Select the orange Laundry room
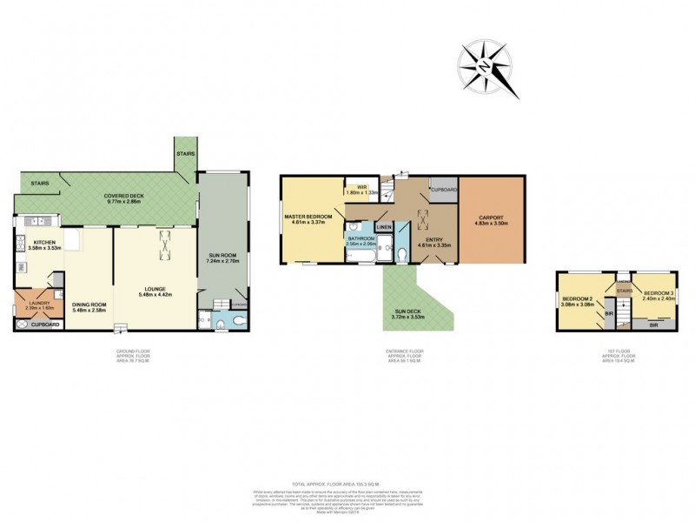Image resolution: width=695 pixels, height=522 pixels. [x=35, y=304]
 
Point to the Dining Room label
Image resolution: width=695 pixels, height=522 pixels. [x=89, y=305]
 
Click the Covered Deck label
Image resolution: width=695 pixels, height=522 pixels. [x=123, y=197]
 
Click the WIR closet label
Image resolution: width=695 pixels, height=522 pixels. [x=358, y=189]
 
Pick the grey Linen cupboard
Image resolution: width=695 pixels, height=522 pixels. [x=384, y=227]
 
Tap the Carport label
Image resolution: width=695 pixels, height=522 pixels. [x=492, y=219]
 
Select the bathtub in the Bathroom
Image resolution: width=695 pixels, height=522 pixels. [x=361, y=251]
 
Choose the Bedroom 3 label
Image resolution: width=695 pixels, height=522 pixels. [x=658, y=292]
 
